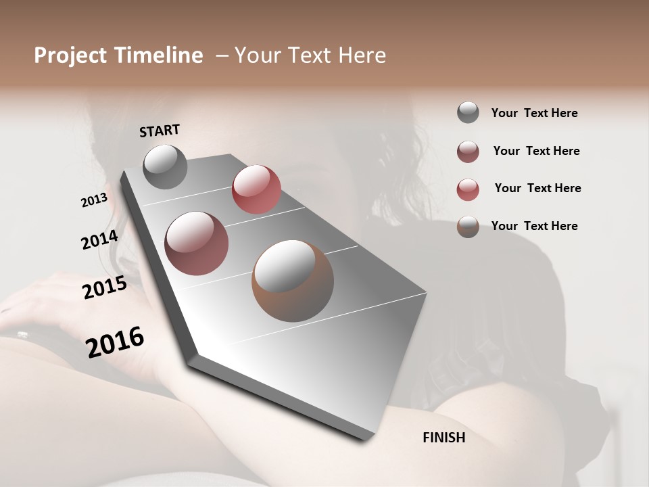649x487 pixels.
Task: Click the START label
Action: pos(160,131)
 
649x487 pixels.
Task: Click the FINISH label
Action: pos(443,438)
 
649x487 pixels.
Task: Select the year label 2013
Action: pos(94,200)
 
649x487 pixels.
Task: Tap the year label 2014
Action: pos(99,240)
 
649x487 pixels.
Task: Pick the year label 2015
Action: pos(105,287)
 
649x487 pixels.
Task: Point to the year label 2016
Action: pos(115,342)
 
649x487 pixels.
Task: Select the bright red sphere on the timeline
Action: pos(256,189)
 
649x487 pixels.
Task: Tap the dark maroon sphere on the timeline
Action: pos(197,243)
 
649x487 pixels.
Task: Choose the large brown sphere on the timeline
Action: pos(293,281)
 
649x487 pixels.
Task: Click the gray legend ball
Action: pos(468,112)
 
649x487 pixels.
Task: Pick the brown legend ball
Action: pos(468,227)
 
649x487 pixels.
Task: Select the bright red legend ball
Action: pos(468,189)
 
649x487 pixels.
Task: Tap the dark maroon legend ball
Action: pos(468,152)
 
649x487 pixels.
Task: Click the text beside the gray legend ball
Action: pos(534,113)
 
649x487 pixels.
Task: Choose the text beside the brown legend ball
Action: pos(534,226)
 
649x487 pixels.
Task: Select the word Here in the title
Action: pos(359,55)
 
